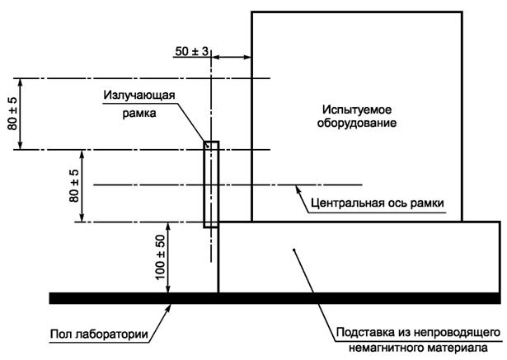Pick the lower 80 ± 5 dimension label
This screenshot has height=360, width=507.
pos(73,186)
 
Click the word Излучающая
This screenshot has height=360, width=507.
pos(139,96)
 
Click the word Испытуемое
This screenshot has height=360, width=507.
pos(355,109)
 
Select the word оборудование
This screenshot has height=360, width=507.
pos(355,124)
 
